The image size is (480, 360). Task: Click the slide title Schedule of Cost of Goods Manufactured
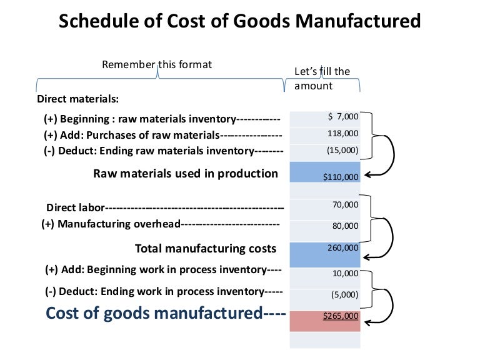239,22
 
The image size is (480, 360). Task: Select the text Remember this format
157,64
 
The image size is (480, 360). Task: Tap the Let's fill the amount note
322,79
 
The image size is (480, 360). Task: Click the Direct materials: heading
78,99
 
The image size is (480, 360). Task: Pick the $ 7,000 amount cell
343,116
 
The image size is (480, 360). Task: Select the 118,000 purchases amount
343,133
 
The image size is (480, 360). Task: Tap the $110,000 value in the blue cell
341,177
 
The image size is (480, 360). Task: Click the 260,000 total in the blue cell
343,247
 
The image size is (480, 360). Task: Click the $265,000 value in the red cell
341,316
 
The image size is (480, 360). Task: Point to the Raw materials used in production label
186,174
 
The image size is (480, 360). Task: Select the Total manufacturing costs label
206,249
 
